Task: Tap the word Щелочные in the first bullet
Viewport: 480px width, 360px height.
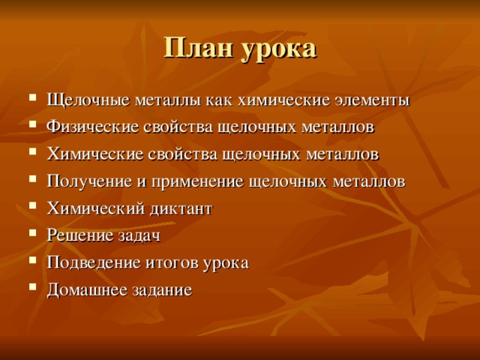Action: point(87,101)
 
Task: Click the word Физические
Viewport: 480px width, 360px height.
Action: point(91,128)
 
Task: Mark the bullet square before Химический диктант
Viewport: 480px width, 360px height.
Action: point(28,208)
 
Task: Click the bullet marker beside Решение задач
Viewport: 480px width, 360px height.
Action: point(28,235)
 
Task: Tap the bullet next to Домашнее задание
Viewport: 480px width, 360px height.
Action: point(28,289)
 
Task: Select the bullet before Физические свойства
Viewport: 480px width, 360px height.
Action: point(28,127)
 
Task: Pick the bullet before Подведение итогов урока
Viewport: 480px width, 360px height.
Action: point(28,262)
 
